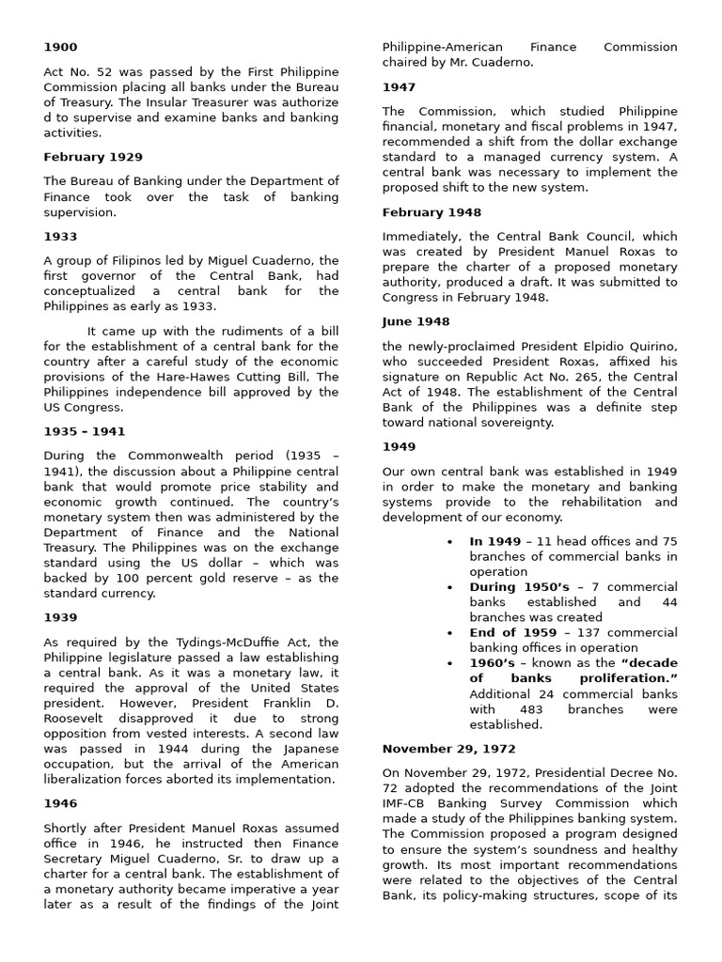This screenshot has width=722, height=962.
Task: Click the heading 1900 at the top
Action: [60, 47]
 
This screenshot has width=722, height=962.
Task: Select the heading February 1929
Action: [93, 157]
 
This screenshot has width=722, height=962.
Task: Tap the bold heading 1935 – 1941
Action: [84, 432]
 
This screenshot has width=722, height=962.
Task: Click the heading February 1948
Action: [432, 213]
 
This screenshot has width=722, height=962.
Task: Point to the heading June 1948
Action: [416, 321]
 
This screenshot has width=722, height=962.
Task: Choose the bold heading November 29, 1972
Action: [447, 749]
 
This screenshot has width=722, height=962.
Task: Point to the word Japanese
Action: [306, 749]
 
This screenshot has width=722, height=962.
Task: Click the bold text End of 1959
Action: [512, 632]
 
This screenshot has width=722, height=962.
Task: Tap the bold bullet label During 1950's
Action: [520, 586]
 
